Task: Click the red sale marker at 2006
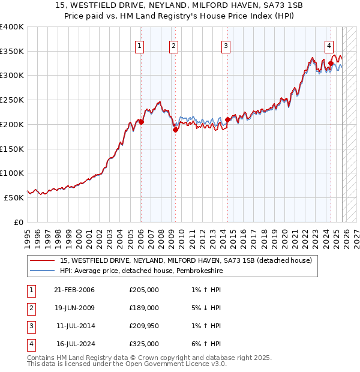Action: (142, 122)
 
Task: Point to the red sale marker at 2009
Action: (175, 130)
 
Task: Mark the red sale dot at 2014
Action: (227, 119)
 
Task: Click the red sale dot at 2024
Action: (331, 62)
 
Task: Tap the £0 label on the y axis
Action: (18, 222)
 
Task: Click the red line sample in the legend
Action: (43, 261)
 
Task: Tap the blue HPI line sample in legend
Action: (43, 271)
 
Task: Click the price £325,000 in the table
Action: (144, 344)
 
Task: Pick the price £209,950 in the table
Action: (144, 326)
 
